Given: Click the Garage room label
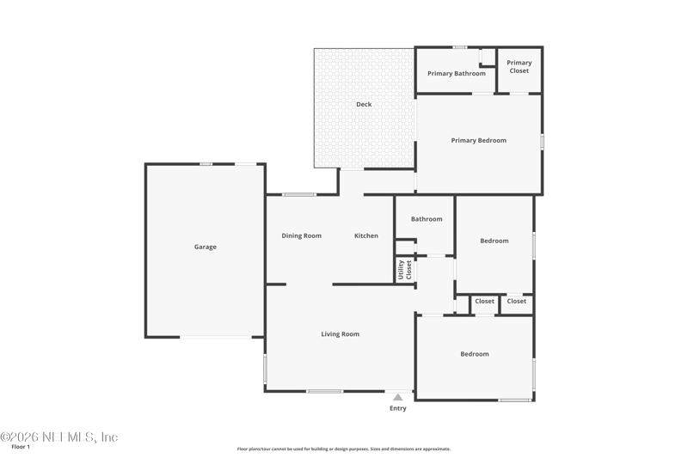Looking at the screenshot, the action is pos(206,247).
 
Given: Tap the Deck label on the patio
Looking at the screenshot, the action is pos(364,104).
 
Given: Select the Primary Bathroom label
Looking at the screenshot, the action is pos(457,74).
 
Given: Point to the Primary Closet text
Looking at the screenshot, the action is pos(519,67).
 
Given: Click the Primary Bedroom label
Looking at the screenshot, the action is pos(479,140).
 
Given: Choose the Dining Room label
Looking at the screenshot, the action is pos(302,235).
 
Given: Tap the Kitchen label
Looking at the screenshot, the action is pos(366,235).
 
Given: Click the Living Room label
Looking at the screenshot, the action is pos(340,334).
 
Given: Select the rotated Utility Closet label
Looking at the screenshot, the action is pos(404,270).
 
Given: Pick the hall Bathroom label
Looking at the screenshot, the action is pos(427,219).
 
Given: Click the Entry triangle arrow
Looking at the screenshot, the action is pos(398,397).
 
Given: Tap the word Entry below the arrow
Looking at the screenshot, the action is pos(398,408).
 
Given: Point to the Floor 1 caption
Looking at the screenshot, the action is pos(21,447).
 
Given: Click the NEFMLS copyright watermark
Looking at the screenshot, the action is pos(59,437).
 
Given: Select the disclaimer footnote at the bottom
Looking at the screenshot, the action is pos(343,449).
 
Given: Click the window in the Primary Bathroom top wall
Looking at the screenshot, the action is pos(460,47).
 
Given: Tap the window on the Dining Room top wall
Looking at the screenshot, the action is pos(298,194).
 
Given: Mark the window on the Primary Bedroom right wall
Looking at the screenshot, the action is pos(543,142).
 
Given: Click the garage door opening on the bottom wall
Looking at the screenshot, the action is pos(216,337).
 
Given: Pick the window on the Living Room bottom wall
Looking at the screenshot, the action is pos(325,391).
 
